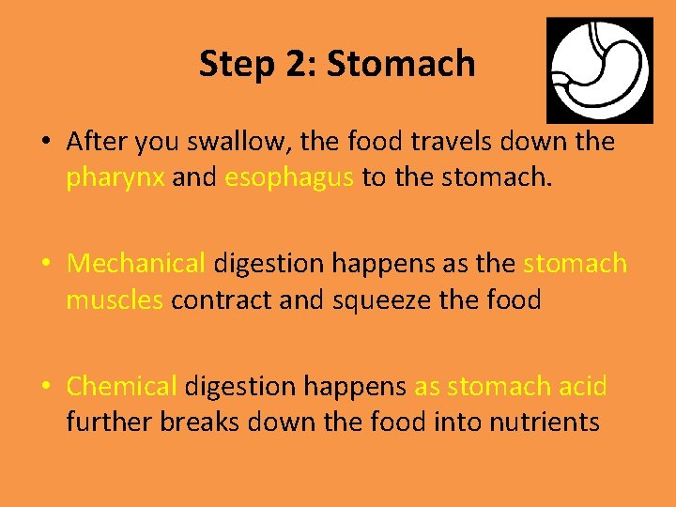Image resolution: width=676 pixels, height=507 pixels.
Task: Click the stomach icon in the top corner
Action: (x=599, y=69)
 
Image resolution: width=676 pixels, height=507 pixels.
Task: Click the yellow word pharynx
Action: (x=115, y=178)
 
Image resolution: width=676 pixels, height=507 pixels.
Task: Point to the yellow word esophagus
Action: (x=289, y=178)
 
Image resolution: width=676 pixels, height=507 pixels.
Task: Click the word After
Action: (x=98, y=142)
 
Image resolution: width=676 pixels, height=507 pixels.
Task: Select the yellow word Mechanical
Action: (x=136, y=264)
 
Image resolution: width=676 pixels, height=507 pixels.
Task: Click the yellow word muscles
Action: (x=115, y=300)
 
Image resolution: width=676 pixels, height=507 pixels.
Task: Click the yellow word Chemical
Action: (x=122, y=386)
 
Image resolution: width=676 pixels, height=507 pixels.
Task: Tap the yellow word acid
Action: (x=583, y=386)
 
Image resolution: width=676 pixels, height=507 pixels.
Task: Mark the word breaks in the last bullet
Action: (x=200, y=422)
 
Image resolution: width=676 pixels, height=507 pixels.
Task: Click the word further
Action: (x=109, y=422)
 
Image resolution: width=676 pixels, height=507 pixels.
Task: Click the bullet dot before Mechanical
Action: (x=46, y=265)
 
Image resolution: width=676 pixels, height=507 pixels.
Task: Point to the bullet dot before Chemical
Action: (x=46, y=387)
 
